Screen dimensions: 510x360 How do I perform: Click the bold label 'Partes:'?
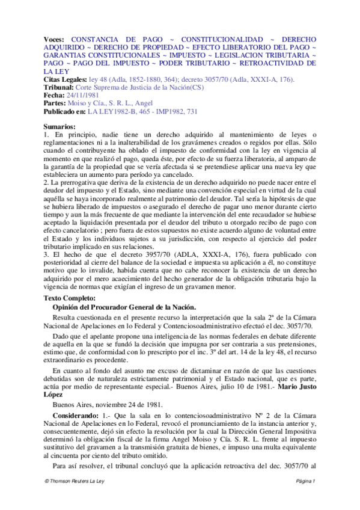click(57, 103)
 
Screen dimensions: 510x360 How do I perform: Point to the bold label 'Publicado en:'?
click(65, 112)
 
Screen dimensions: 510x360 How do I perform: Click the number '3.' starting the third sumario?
click(48, 253)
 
